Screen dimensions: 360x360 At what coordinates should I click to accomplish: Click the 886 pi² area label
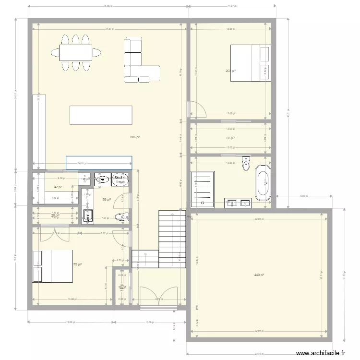(x=134, y=137)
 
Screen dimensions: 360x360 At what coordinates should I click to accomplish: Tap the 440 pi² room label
(x=259, y=275)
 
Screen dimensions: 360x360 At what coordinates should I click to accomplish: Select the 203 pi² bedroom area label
(x=230, y=71)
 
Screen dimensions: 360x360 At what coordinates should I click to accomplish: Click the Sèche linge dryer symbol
(x=120, y=180)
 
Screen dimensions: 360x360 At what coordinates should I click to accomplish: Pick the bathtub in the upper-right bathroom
(x=263, y=183)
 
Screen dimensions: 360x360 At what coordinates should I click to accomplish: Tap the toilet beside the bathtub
(x=247, y=163)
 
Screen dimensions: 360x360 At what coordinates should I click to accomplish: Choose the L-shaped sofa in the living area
(x=138, y=62)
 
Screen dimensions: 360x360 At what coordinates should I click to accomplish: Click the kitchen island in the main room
(x=101, y=115)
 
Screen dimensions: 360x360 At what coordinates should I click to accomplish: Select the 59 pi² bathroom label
(x=107, y=200)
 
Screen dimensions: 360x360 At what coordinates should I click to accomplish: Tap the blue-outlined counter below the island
(x=98, y=162)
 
